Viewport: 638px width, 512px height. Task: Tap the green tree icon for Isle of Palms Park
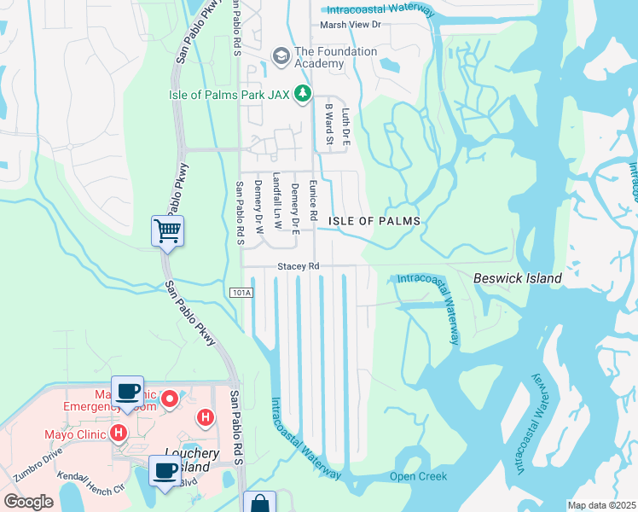pos(302,94)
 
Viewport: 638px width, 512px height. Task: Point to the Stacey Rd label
pos(298,266)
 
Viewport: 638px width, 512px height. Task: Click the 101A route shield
pos(241,293)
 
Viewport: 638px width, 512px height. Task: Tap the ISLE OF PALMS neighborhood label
pos(374,221)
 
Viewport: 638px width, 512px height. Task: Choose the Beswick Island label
pos(517,278)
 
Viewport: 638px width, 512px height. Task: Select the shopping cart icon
pos(167,230)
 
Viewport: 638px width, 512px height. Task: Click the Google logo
pos(28,502)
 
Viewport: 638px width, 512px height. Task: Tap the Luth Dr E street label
pos(345,124)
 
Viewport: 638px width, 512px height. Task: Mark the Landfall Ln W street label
pos(275,202)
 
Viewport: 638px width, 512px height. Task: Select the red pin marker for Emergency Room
pos(170,398)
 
